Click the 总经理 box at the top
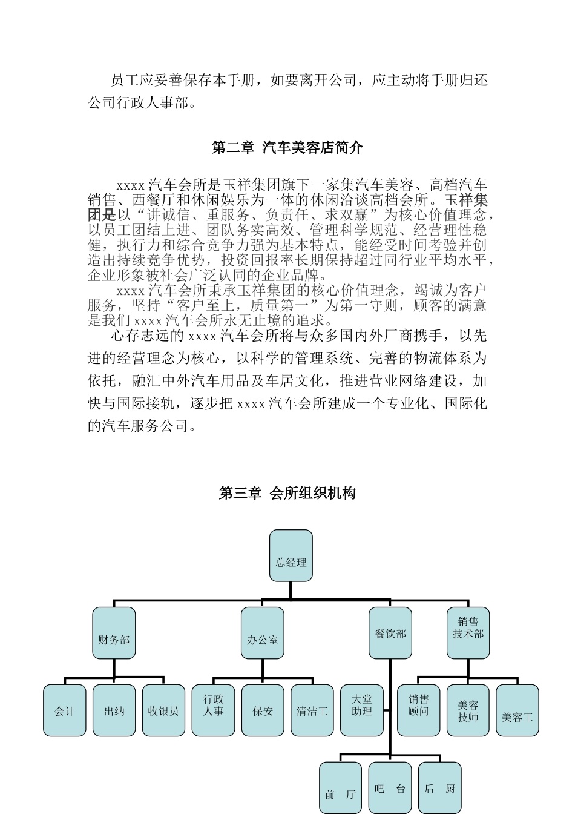click(x=291, y=555)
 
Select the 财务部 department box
click(x=114, y=634)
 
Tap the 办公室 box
click(x=263, y=634)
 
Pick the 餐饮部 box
click(x=390, y=634)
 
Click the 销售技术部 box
click(x=468, y=634)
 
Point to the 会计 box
click(x=65, y=710)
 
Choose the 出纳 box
click(x=114, y=710)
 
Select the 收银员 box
click(x=163, y=710)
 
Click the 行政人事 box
click(x=214, y=710)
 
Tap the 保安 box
click(x=263, y=710)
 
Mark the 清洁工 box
click(x=312, y=710)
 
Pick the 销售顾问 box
click(x=418, y=710)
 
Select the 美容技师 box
click(x=468, y=710)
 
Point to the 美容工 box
click(x=517, y=710)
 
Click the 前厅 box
click(x=340, y=788)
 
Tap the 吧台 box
click(x=390, y=788)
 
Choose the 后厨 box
click(x=439, y=788)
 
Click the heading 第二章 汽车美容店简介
click(x=287, y=147)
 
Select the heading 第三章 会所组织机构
click(x=287, y=493)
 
